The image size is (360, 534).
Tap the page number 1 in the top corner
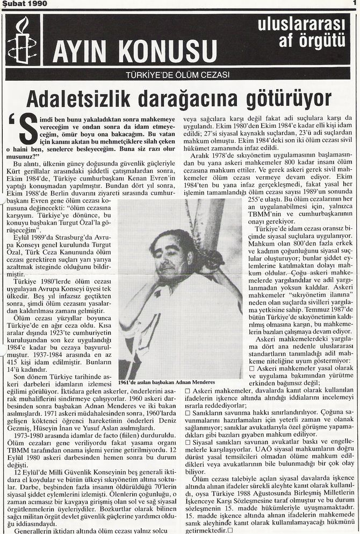(x=355, y=4)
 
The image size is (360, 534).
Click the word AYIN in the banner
(x=81, y=53)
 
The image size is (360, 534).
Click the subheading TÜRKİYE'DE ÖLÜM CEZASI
(x=178, y=75)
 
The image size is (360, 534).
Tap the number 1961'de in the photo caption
(x=130, y=382)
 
